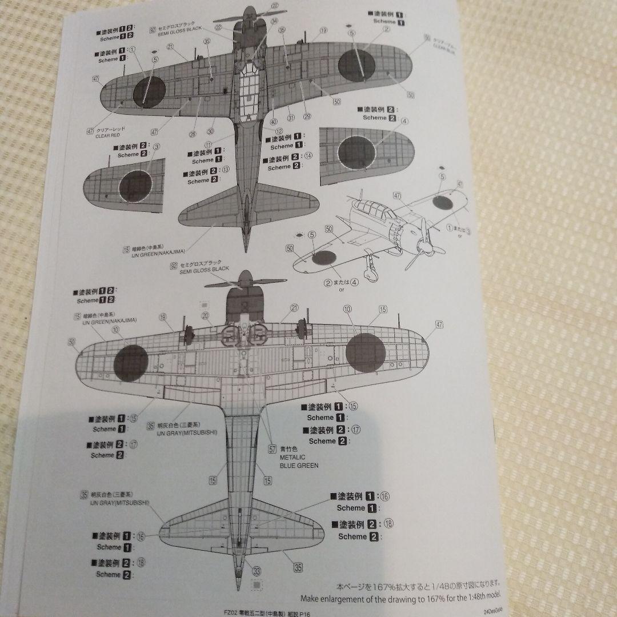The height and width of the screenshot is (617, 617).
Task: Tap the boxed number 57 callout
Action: [272, 448]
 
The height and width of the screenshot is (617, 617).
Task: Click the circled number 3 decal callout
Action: [156, 146]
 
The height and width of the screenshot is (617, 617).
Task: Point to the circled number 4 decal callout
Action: [404, 121]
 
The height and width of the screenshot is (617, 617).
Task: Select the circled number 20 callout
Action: [205, 315]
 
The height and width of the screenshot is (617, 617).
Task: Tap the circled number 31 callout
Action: [291, 118]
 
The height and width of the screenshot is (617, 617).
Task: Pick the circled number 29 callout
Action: [307, 117]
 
